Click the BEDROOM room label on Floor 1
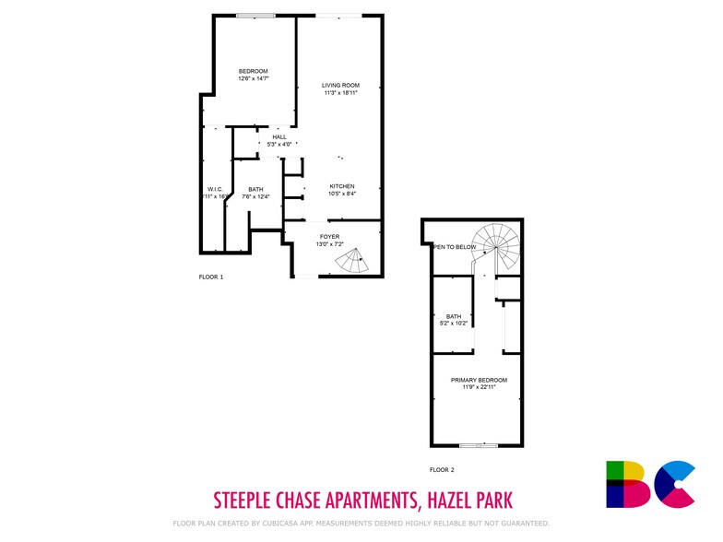pyautogui.click(x=253, y=72)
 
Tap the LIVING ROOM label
pyautogui.click(x=339, y=86)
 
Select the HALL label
pyautogui.click(x=279, y=136)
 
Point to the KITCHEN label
pyautogui.click(x=342, y=186)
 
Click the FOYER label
pyautogui.click(x=329, y=236)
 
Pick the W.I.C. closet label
pyautogui.click(x=215, y=189)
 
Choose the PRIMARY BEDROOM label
pyautogui.click(x=479, y=380)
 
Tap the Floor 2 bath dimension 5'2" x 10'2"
pyautogui.click(x=453, y=323)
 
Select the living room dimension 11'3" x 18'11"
pyautogui.click(x=339, y=93)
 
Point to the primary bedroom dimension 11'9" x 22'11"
pyautogui.click(x=479, y=387)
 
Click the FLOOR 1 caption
pyautogui.click(x=211, y=277)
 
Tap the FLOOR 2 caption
pyautogui.click(x=442, y=469)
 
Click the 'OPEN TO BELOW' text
pyautogui.click(x=456, y=247)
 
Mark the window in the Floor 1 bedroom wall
pyautogui.click(x=255, y=15)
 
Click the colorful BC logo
pyautogui.click(x=649, y=484)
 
